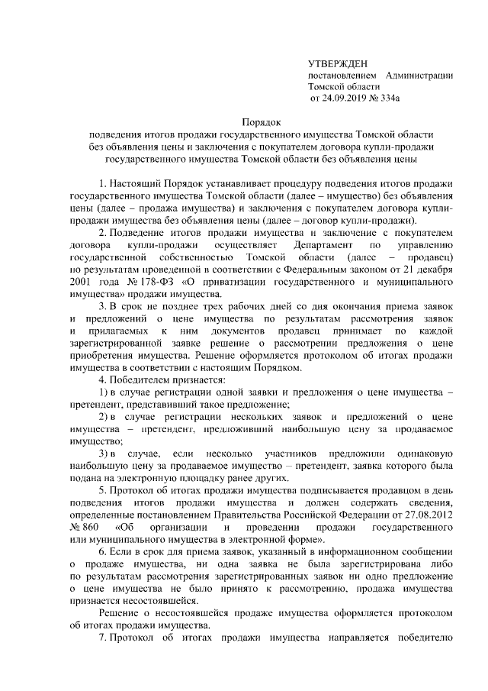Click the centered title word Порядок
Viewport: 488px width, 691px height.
click(x=261, y=121)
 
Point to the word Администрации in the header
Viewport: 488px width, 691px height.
click(x=419, y=75)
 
